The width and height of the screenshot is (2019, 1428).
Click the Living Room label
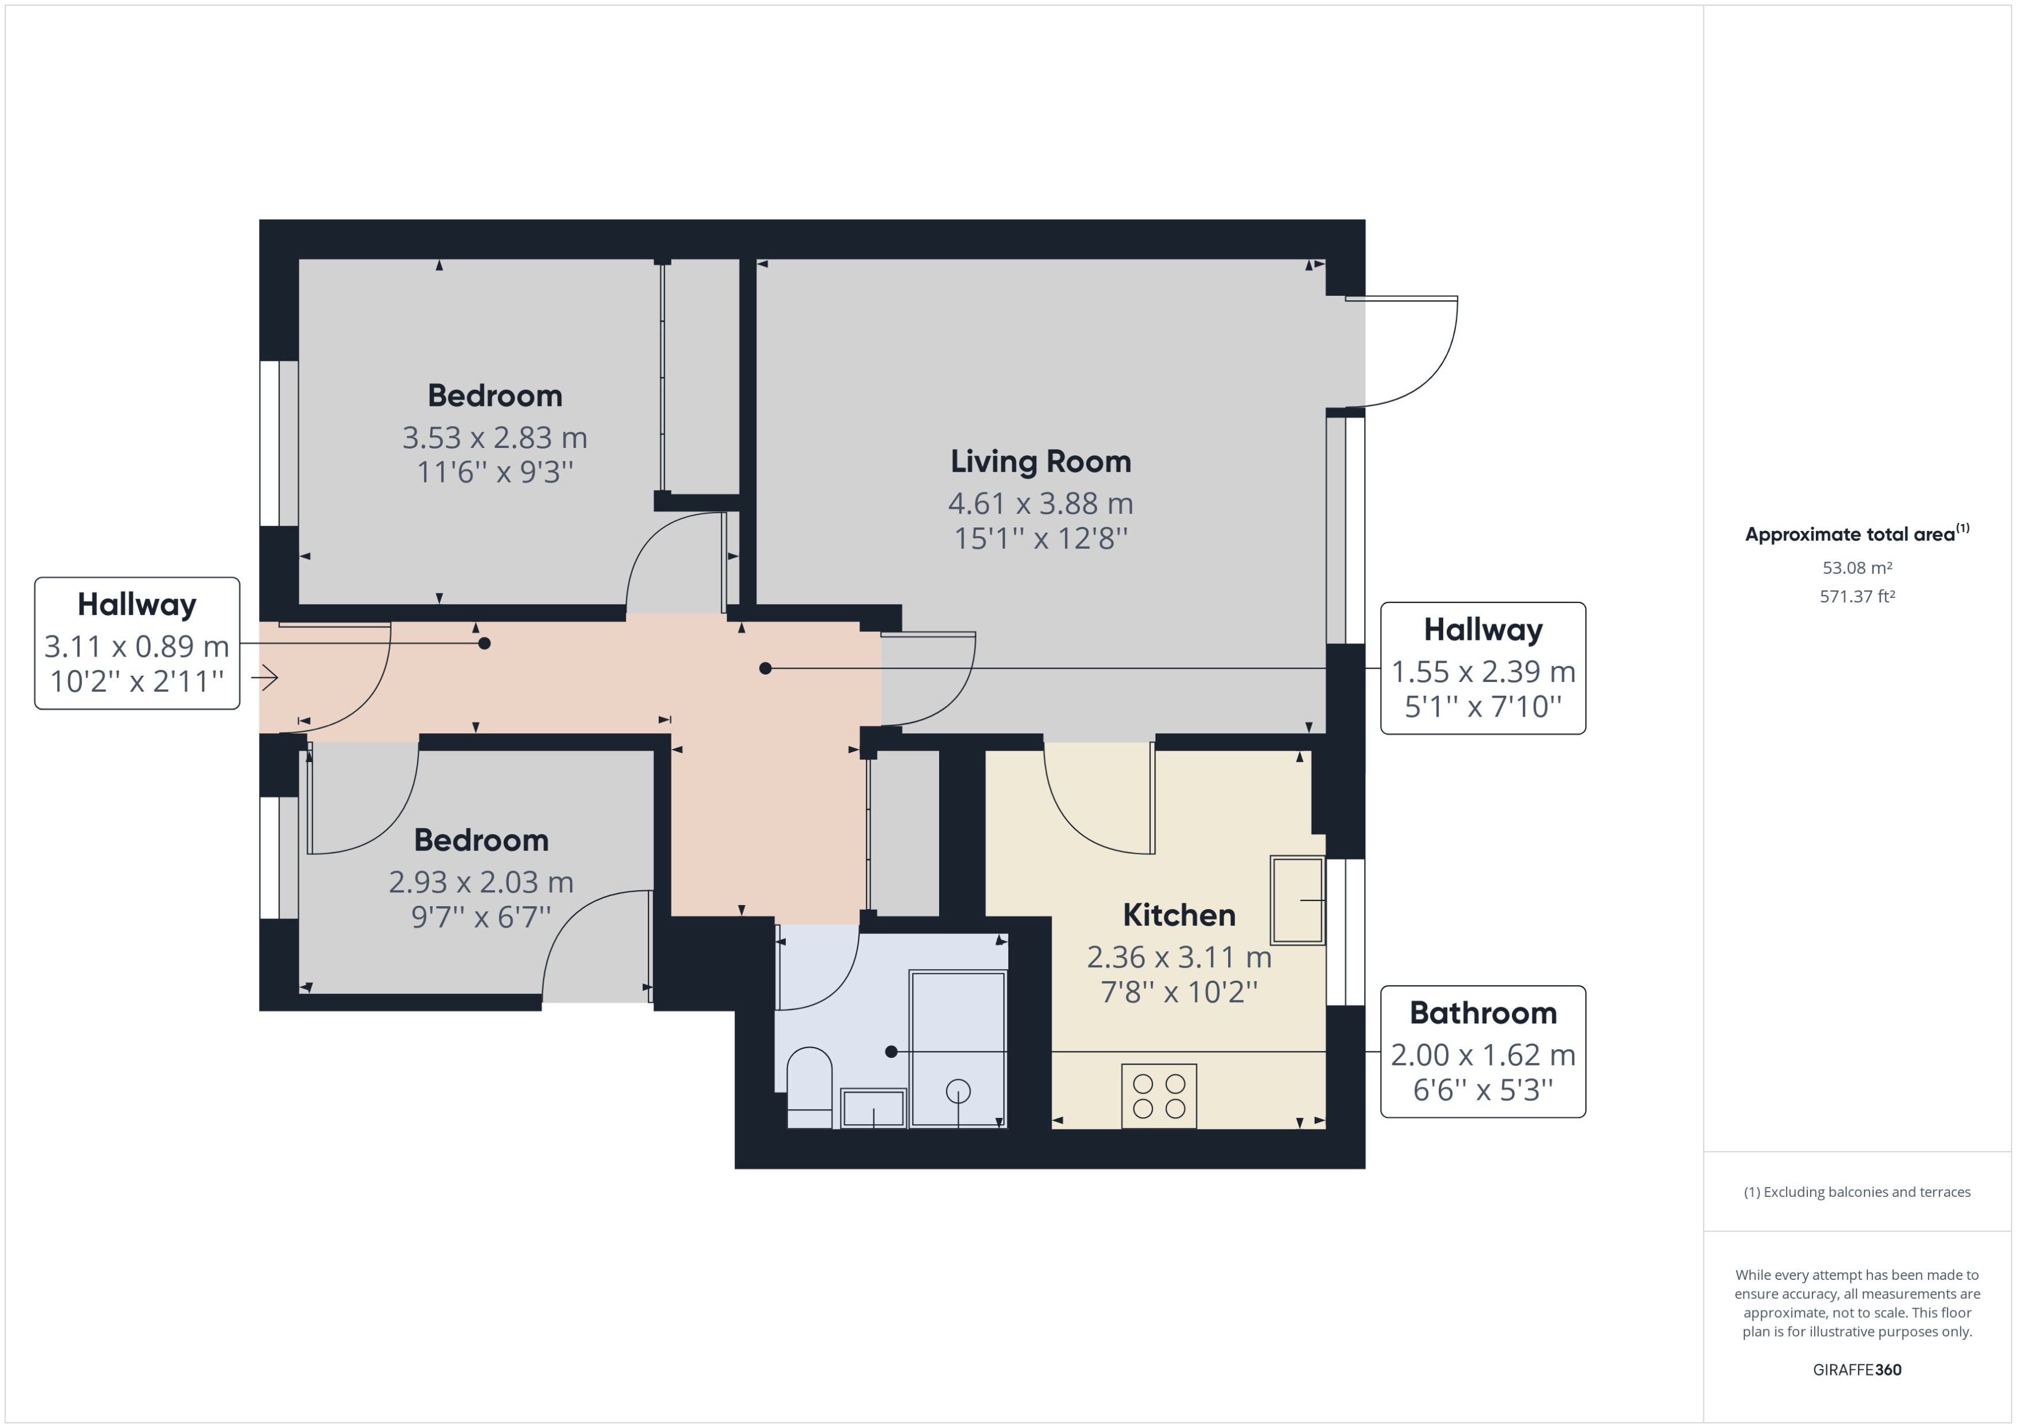pos(1040,462)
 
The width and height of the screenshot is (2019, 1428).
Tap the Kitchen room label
pos(1179,915)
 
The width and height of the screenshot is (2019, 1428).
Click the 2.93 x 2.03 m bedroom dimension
pos(481,882)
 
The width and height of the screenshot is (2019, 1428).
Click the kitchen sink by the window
pos(1297,900)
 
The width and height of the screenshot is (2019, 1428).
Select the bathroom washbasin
pos(873,1108)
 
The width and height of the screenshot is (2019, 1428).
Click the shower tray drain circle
pos(958,1091)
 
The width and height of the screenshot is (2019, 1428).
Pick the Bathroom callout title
pos(1483,1013)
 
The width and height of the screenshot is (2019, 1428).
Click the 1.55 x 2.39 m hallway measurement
pos(1483,672)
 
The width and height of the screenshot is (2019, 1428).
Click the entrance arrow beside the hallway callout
pos(265,677)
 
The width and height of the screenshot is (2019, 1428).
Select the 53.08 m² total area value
pos(1857,568)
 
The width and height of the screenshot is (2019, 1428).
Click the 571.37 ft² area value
pos(1857,596)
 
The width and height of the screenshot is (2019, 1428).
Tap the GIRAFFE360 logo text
pos(1856,1369)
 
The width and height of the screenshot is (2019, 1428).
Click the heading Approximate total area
pos(1850,534)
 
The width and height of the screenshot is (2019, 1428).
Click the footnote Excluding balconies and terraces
pos(1856,1192)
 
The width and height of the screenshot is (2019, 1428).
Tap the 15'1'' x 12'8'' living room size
pos(1040,538)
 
